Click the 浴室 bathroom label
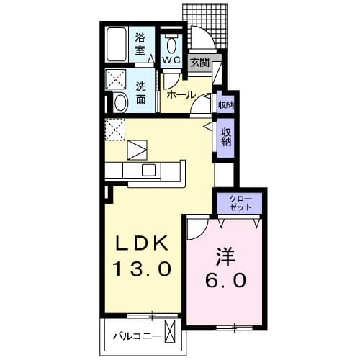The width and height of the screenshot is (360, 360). point(140,44)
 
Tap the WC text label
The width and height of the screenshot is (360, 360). point(171,60)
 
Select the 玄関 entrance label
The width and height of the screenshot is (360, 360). point(199,63)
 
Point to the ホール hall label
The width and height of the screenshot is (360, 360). point(181,95)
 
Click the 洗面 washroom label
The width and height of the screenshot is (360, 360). point(141,93)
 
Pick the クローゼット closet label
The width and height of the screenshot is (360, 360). point(240,203)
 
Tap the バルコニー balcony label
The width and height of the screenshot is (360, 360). point(138,336)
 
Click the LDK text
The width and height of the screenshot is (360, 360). point(142,243)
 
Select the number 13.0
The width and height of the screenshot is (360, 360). point(143,269)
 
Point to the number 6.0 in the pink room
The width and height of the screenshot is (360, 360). point(225,280)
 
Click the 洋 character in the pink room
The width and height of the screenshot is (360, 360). point(225,256)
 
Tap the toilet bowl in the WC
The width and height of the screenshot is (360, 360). point(171,44)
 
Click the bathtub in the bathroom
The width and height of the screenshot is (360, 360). point(117,45)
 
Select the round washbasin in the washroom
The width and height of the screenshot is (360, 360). point(120,102)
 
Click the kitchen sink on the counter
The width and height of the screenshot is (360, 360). point(148,170)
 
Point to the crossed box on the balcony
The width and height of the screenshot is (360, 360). point(170,331)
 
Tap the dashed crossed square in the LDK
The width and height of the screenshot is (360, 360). point(115,130)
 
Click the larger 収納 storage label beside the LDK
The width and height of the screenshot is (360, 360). point(226,137)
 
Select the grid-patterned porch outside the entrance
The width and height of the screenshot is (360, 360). point(204,26)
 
